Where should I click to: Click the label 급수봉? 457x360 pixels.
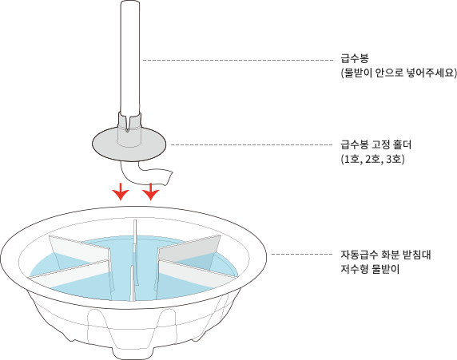[355, 58]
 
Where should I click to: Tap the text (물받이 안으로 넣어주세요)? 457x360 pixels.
[399, 73]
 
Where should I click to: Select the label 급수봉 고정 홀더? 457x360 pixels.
[376, 144]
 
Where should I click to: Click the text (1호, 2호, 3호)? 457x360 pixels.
[372, 160]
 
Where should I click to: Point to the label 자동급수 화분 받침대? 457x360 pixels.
[386, 255]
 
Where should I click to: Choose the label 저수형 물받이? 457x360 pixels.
[370, 269]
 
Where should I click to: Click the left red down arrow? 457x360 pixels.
[121, 192]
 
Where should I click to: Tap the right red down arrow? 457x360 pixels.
[150, 192]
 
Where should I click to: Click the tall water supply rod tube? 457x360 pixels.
[130, 57]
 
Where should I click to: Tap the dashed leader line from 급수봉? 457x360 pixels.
[238, 61]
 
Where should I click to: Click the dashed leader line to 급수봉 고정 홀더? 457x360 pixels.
[252, 144]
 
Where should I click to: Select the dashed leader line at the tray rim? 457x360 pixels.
[302, 255]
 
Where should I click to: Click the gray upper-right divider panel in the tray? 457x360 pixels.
[189, 248]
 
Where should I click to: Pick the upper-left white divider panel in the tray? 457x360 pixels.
[79, 252]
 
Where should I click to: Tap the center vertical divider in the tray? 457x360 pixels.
[133, 260]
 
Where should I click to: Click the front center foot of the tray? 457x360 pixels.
[133, 353]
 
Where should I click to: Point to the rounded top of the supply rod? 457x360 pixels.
[130, 3]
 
